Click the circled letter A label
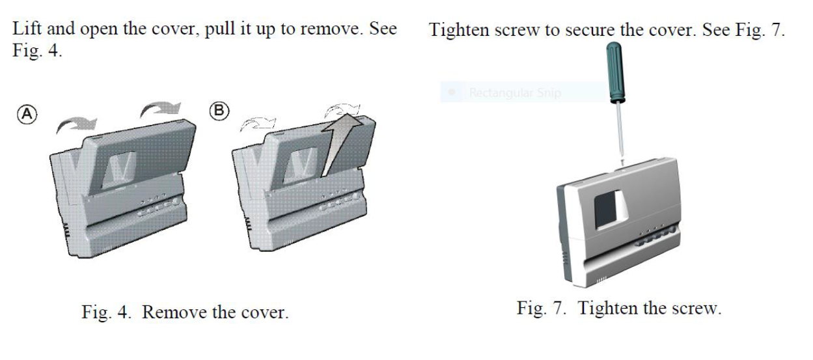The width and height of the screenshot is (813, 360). point(27,115)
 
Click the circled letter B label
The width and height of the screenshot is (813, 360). point(219,111)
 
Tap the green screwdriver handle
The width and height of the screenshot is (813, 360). point(616,72)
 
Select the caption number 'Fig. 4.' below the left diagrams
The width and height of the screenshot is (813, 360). point(106,312)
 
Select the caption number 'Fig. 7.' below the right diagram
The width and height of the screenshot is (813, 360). point(541,308)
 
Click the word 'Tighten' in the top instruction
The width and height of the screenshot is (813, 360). point(459,30)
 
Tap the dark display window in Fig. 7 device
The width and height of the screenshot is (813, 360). point(605,210)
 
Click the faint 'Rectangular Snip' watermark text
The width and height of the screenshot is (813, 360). point(515,92)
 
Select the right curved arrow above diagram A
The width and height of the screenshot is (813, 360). point(160,109)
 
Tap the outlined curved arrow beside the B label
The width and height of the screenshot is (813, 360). point(258,124)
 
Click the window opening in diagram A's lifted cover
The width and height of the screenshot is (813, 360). point(118,169)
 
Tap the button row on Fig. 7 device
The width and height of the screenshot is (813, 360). point(655,236)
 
